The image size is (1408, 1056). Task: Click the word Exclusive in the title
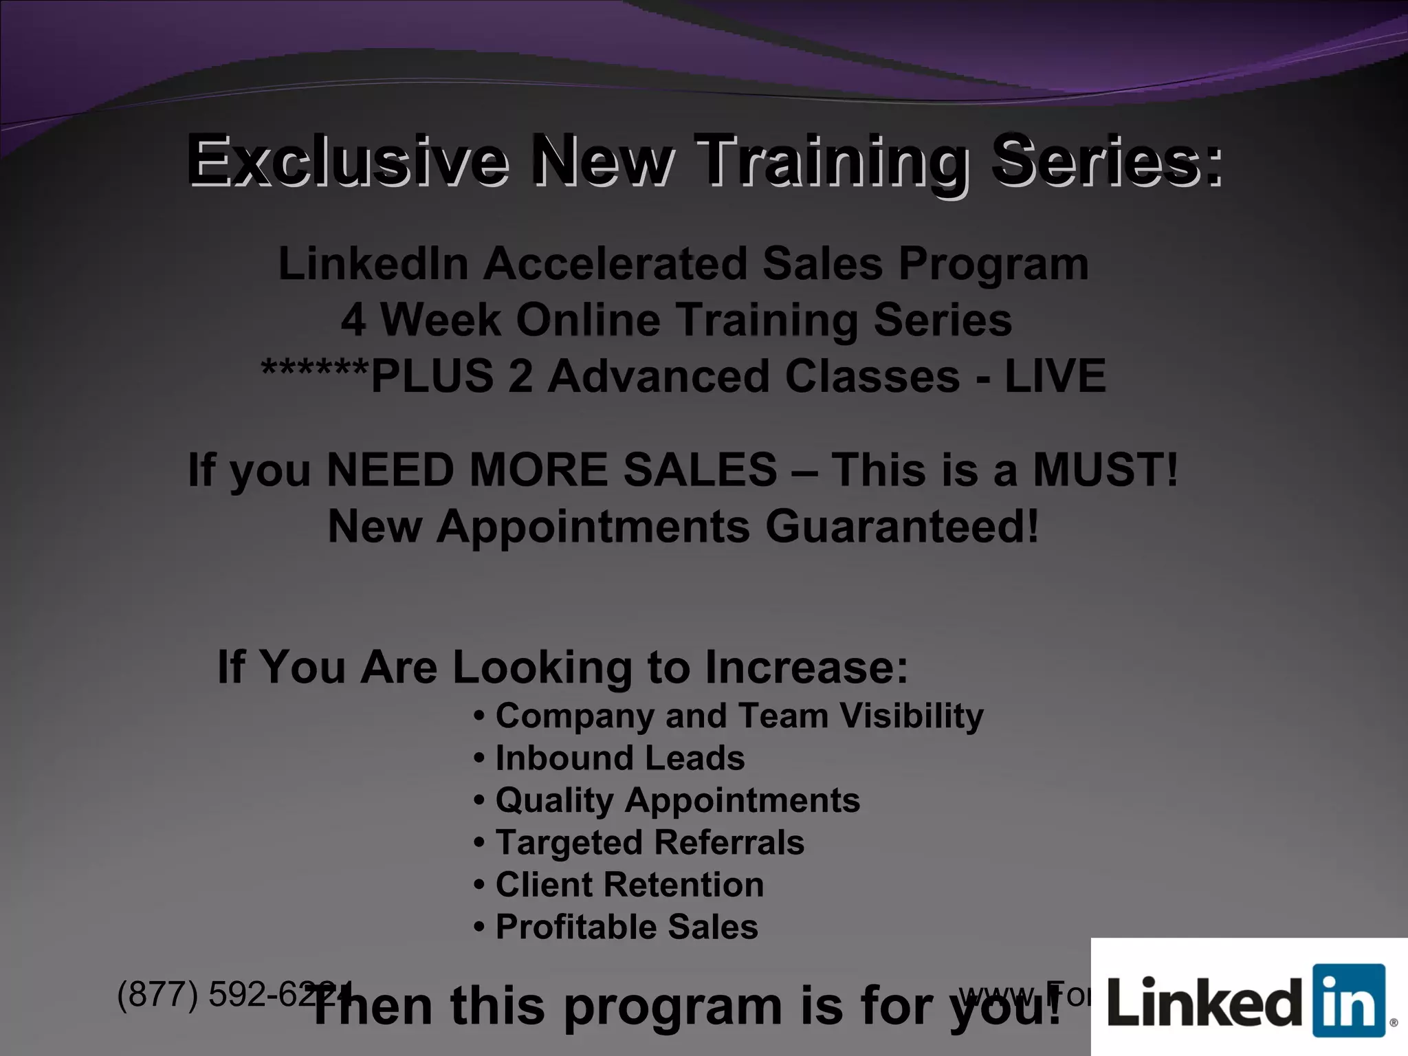coord(348,161)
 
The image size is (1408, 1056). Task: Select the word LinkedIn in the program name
coord(373,264)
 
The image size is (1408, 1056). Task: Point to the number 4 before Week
coord(353,320)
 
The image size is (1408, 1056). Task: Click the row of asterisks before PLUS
coord(315,371)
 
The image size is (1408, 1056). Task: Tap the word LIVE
coord(1055,377)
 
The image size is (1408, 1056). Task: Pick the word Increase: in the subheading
coord(806,667)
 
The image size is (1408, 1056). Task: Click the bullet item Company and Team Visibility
coord(739,716)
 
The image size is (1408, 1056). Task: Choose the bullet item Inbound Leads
coord(619,758)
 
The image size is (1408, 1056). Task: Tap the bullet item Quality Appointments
coord(677,801)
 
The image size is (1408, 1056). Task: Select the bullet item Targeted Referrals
coord(649,843)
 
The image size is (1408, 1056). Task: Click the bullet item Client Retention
coord(629,885)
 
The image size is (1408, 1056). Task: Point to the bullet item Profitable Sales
coord(626,927)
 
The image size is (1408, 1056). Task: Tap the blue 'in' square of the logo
coord(1348,1000)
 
